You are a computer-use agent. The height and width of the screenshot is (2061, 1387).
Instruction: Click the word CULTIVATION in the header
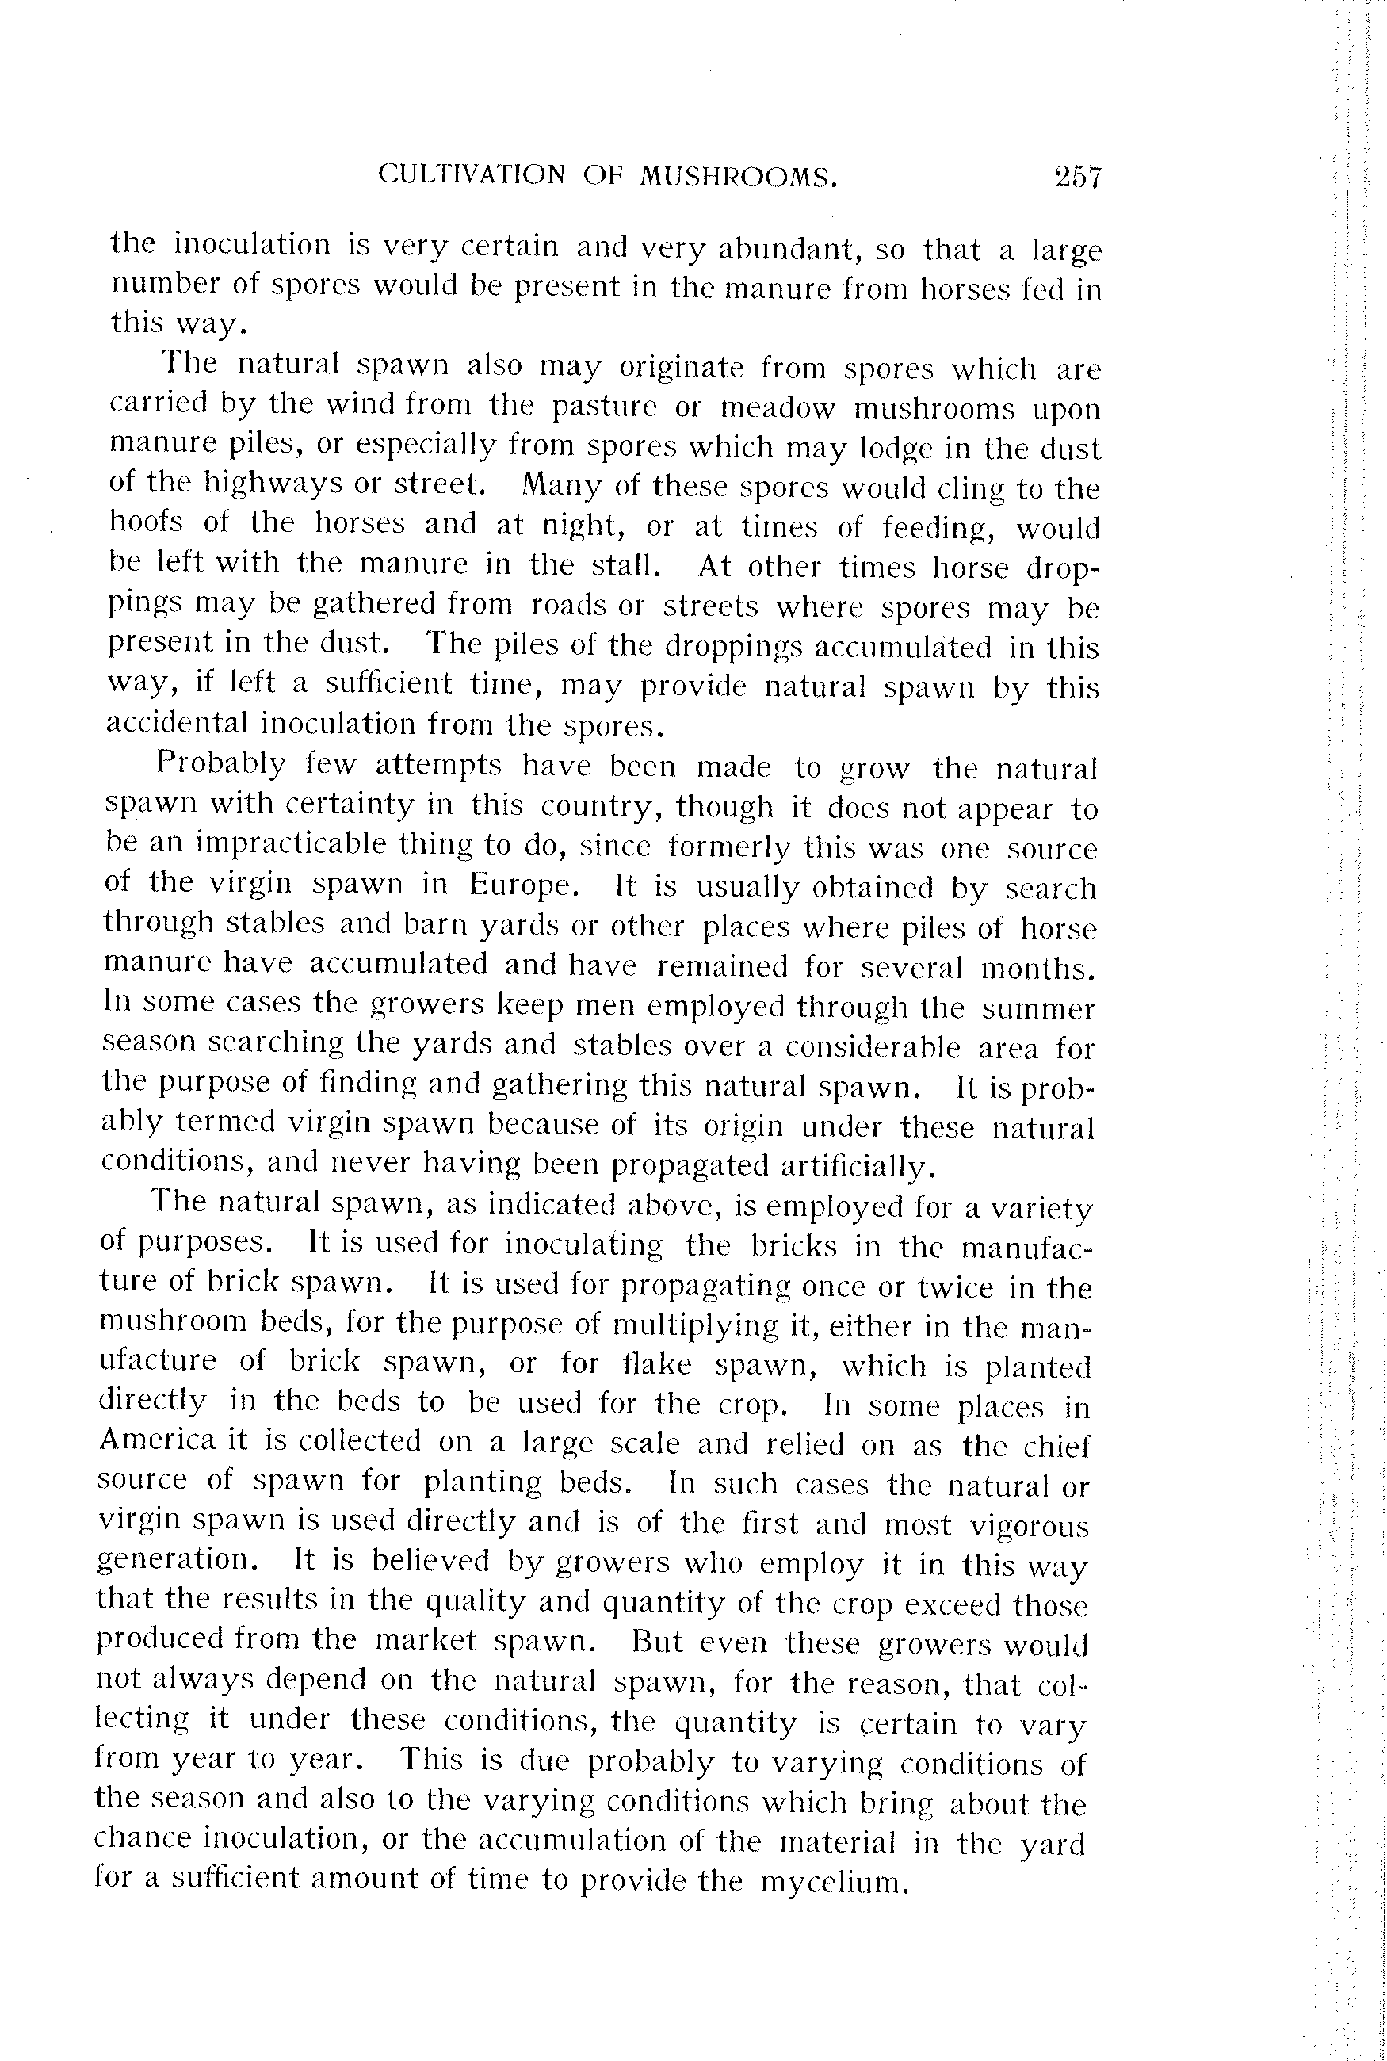[x=472, y=174]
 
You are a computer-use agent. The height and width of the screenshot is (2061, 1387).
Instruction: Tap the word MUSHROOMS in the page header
[x=738, y=177]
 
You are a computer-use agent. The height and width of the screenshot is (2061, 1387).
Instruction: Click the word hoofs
[x=146, y=522]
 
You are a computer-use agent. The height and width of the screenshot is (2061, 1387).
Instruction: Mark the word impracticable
[x=291, y=843]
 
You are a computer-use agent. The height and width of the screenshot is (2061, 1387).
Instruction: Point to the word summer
[x=1038, y=1008]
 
